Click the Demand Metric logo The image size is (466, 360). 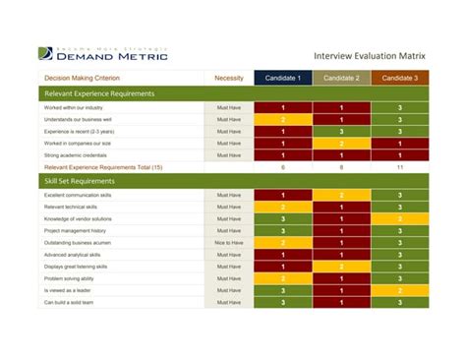point(104,54)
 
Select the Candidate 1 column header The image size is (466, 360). point(283,78)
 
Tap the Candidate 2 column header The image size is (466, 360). point(341,78)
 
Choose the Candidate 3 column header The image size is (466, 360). point(399,78)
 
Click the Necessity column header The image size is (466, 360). point(228,78)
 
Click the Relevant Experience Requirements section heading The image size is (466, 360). point(99,93)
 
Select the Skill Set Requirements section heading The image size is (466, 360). point(80,181)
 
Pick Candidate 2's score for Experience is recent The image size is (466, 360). point(341,131)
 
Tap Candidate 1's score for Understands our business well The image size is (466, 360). point(283,119)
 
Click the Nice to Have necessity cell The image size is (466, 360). point(228,242)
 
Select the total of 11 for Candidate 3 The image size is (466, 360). point(399,167)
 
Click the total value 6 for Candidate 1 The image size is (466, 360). point(283,167)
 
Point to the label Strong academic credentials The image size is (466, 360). point(77,154)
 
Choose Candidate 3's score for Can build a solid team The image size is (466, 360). point(399,302)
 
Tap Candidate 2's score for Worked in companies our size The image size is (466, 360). point(341,143)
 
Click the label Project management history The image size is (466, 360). point(75,230)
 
